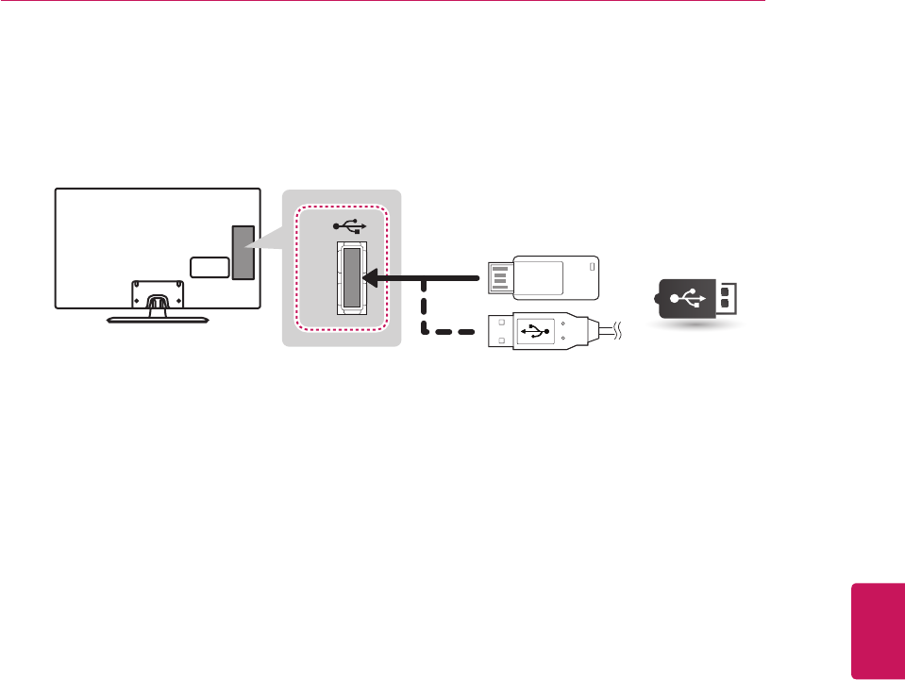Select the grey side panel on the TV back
click(x=243, y=253)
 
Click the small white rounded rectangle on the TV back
click(x=209, y=267)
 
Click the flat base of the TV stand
click(x=156, y=320)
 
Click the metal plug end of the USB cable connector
click(x=498, y=331)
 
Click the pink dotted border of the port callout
click(x=295, y=274)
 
